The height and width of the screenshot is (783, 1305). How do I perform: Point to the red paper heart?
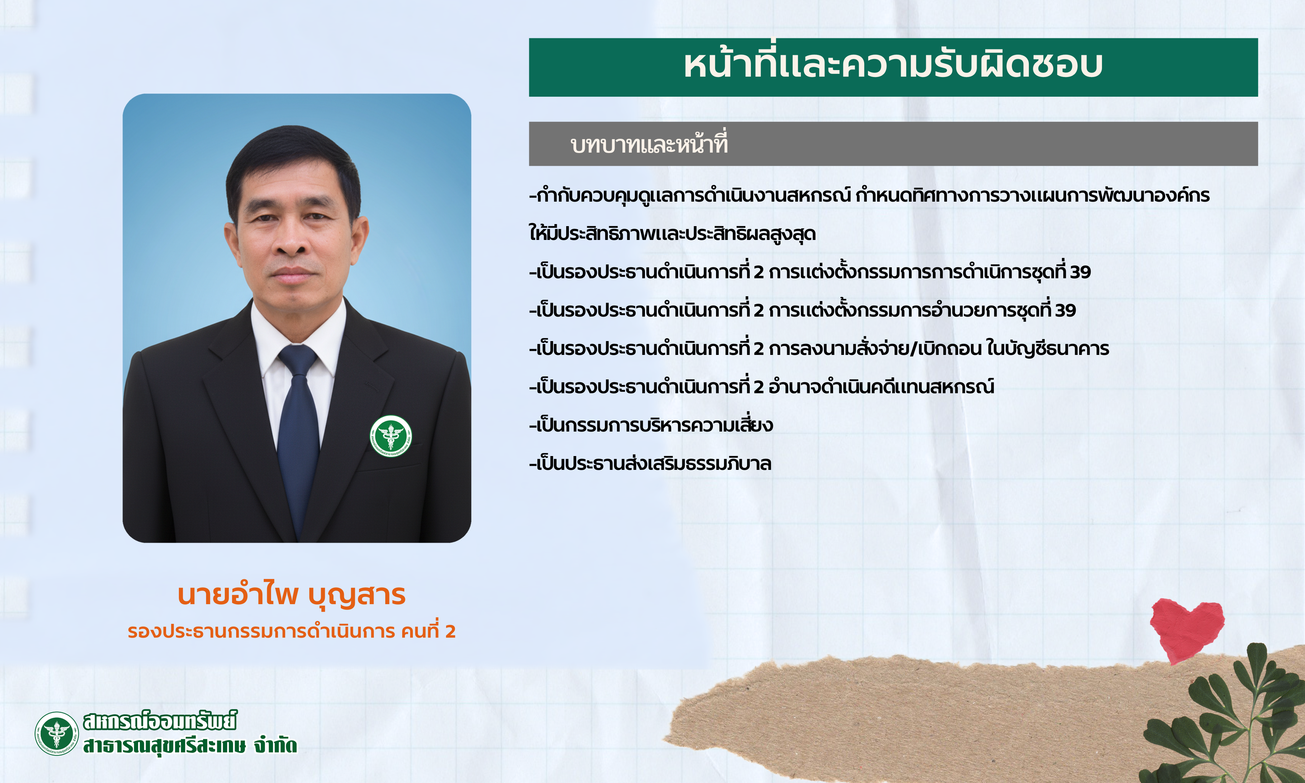tap(1187, 629)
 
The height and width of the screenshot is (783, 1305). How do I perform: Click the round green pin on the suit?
tap(391, 436)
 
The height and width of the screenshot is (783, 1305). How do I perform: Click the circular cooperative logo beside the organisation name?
tap(56, 733)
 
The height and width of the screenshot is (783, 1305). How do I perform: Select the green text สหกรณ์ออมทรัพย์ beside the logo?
tap(160, 721)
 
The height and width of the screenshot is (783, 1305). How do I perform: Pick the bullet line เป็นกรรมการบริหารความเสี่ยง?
tap(651, 425)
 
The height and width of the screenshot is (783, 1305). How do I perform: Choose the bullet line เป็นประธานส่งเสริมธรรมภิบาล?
tap(650, 463)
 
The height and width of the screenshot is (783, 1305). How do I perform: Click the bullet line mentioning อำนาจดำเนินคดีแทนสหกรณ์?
tap(762, 387)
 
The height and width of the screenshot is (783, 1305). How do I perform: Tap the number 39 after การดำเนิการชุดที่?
tap(1080, 272)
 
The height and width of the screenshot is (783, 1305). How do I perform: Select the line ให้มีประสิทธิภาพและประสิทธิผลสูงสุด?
tap(673, 233)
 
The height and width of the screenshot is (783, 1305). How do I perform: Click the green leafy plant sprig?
tap(1229, 717)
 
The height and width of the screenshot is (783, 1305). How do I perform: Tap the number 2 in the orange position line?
tap(450, 631)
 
